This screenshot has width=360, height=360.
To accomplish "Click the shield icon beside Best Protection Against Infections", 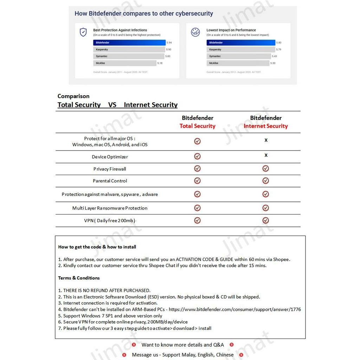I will click(83, 32).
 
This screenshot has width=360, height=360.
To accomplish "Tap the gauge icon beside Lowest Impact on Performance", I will click(195, 32).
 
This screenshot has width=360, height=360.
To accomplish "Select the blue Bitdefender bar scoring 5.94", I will click(129, 43).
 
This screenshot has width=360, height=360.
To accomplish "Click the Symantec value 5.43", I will click(274, 56).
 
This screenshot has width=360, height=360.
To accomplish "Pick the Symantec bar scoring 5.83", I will click(128, 56).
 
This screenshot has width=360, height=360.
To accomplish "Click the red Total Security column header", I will click(197, 126).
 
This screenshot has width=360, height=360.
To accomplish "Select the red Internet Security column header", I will click(265, 126).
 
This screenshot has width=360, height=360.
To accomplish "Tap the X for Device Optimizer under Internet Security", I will click(266, 155).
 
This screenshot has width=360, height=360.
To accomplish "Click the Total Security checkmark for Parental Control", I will click(197, 181).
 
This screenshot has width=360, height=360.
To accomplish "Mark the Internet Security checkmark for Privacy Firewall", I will click(265, 169).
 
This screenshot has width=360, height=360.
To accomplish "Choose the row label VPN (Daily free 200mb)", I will click(109, 220).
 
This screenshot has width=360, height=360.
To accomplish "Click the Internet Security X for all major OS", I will click(266, 140).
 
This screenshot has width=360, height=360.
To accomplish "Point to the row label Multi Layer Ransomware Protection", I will click(110, 208).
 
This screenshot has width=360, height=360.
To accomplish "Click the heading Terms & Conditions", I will click(79, 278).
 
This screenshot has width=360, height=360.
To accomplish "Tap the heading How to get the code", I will click(97, 247).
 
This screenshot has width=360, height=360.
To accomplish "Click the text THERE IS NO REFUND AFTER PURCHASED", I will click(107, 290).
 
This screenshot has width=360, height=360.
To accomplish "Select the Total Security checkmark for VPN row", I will click(197, 220).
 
